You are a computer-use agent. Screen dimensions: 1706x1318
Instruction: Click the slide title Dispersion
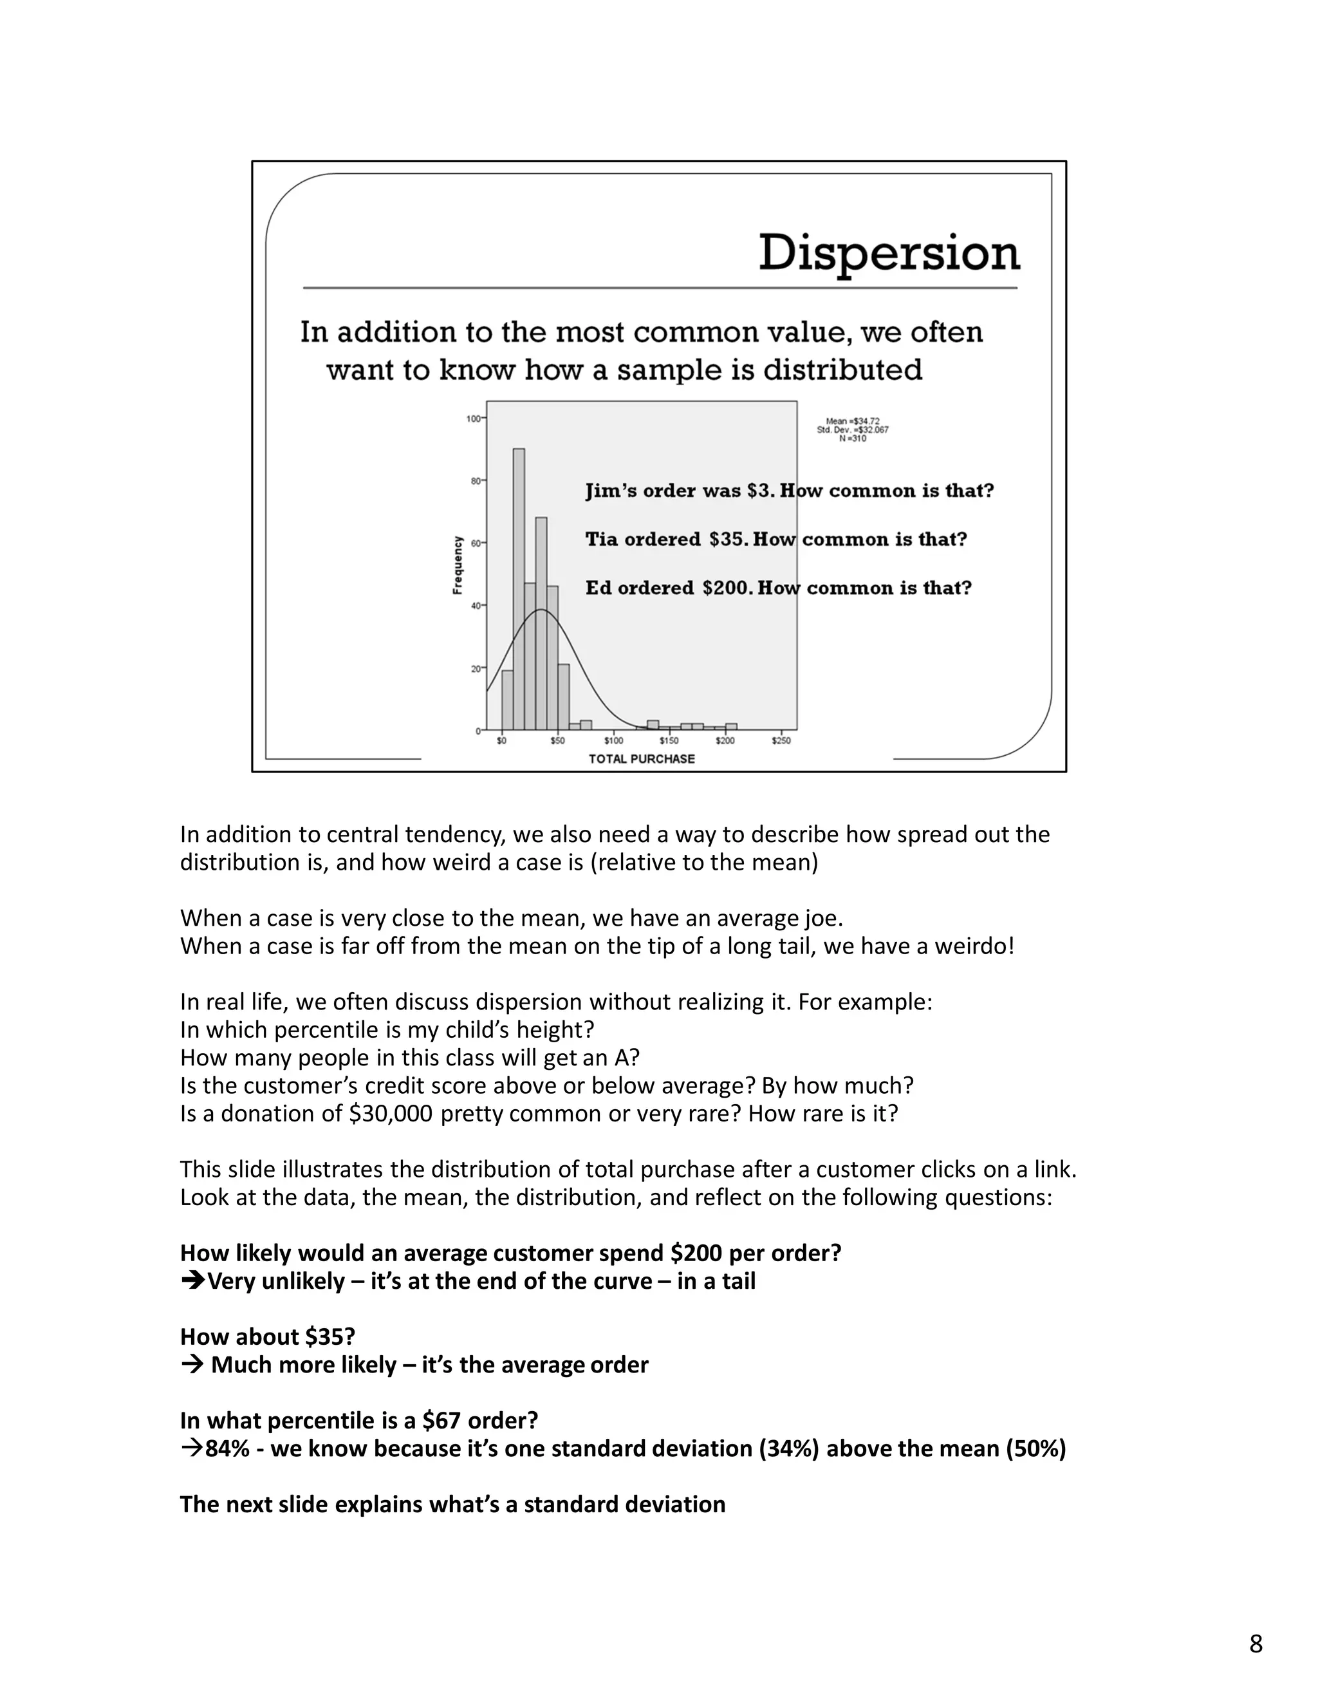889,253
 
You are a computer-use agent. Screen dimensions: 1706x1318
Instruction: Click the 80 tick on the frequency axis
476,481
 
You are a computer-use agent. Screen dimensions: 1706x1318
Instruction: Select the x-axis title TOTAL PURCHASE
641,758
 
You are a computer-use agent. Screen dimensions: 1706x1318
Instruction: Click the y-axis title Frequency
458,565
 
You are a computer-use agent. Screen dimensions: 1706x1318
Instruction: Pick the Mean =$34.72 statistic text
852,421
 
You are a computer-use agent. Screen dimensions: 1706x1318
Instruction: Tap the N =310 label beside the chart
852,439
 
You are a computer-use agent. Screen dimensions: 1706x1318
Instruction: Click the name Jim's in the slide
608,491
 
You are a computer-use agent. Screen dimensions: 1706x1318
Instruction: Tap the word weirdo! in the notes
979,947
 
